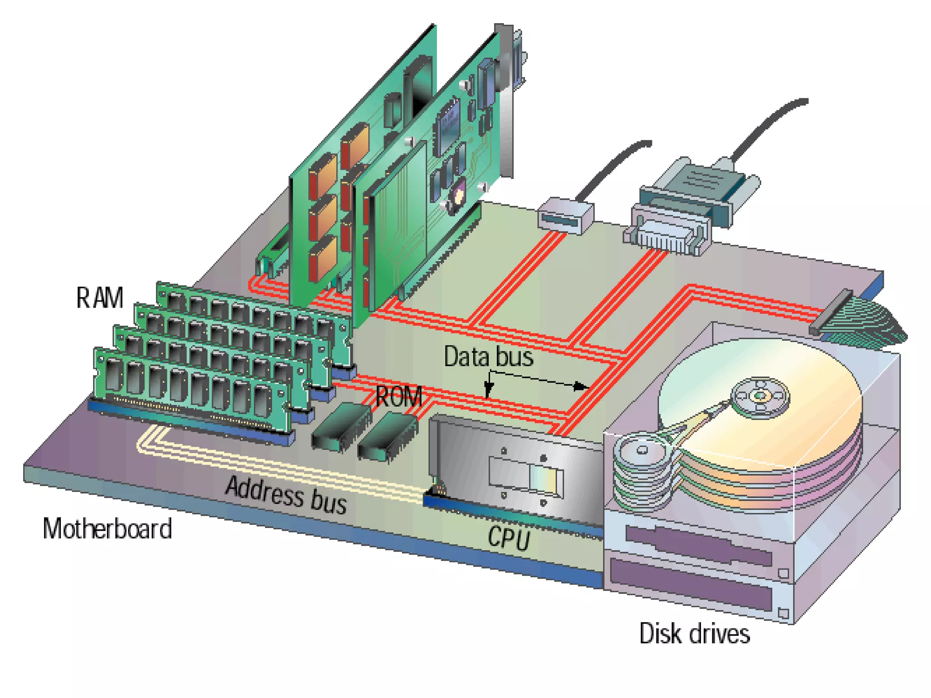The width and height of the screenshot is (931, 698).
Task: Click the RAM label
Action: click(100, 298)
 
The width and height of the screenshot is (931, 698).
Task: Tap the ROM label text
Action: click(399, 397)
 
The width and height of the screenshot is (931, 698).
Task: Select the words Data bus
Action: click(488, 356)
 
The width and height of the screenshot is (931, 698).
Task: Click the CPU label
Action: click(509, 538)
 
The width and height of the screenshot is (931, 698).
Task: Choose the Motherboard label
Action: click(107, 528)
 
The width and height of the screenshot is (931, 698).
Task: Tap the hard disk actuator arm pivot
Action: click(642, 450)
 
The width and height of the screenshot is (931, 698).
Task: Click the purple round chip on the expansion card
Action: click(457, 195)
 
